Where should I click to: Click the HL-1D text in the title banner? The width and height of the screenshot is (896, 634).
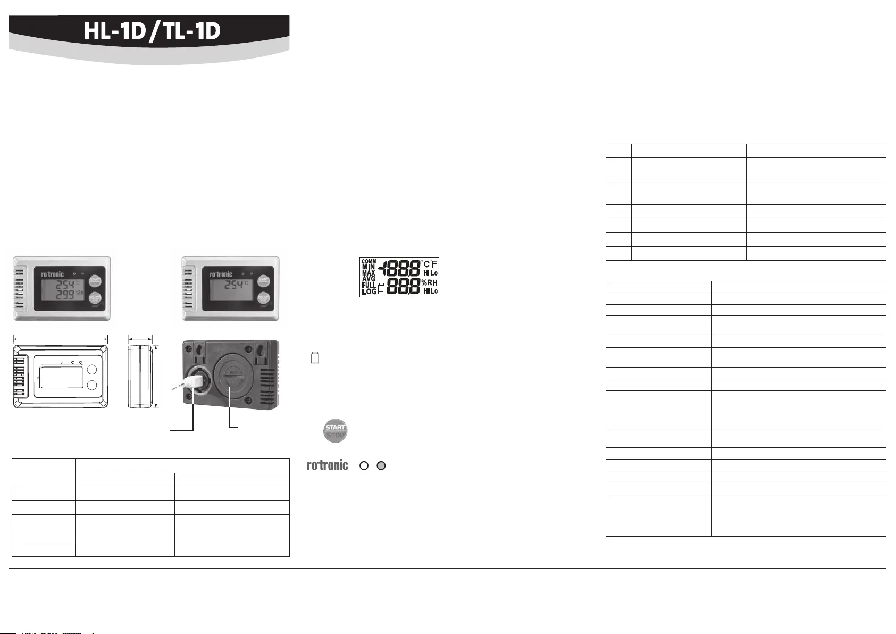point(114,32)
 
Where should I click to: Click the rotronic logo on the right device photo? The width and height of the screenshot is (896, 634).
point(221,274)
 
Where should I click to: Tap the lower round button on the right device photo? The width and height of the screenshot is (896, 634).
point(263,298)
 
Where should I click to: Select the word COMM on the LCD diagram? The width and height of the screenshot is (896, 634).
point(369,262)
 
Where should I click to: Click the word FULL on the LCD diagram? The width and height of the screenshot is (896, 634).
point(369,285)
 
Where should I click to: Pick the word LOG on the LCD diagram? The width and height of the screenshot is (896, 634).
point(369,291)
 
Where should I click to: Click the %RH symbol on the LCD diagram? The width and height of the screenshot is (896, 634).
point(430,283)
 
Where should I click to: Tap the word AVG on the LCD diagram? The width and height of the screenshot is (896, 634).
point(369,279)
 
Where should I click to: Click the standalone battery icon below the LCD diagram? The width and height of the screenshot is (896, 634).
point(315,357)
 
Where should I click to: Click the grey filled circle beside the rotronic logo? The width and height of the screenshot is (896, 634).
point(381,465)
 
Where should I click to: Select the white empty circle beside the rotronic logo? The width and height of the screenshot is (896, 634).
point(364,465)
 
